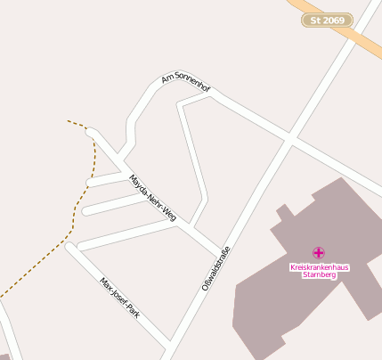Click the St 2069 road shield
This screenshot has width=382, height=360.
tap(327, 20)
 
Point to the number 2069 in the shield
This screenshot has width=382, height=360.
tap(332, 20)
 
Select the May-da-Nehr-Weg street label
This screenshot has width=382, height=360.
tap(153, 198)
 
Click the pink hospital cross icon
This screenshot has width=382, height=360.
tap(319, 253)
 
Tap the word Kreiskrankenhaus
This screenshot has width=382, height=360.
tap(319, 267)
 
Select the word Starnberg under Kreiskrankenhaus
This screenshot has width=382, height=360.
tap(319, 275)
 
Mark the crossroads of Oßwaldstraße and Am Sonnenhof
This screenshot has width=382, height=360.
tap(289, 139)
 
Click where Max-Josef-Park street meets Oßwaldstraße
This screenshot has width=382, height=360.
tap(168, 343)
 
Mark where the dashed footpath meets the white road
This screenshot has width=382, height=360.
tap(89, 130)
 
